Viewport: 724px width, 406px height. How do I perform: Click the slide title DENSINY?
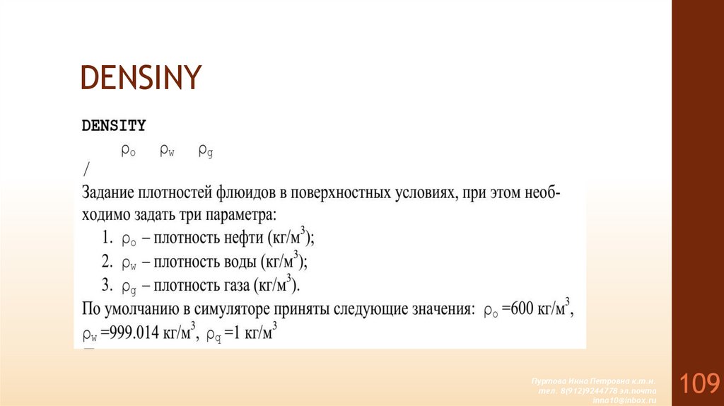141,78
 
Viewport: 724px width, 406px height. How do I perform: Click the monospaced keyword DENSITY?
114,126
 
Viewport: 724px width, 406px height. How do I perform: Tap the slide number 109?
700,384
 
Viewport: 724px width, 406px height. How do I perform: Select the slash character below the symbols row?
86,170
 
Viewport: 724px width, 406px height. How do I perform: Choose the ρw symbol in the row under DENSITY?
167,150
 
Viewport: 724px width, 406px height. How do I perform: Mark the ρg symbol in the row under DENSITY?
206,150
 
